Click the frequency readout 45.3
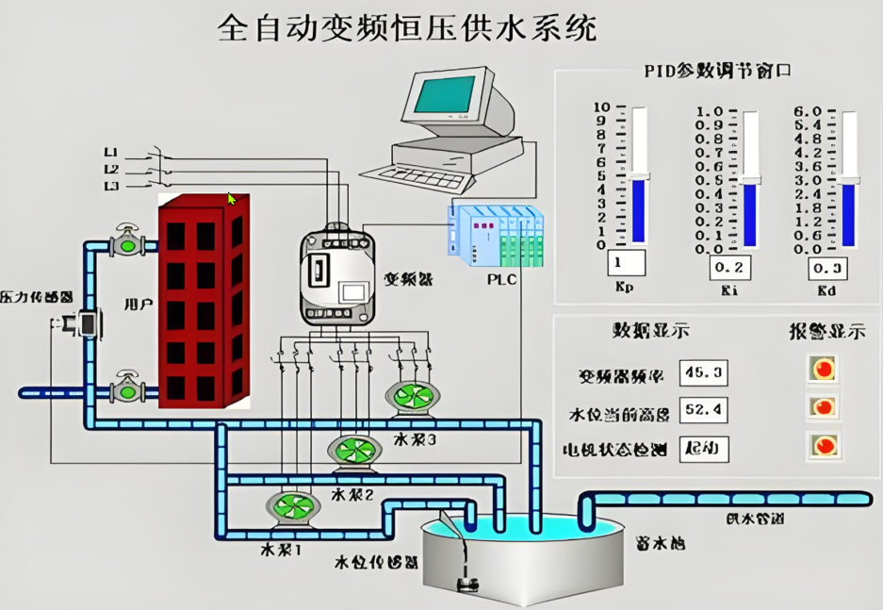point(703,374)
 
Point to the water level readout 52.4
point(703,411)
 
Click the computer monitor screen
point(448,95)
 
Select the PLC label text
point(500,279)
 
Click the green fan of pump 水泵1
point(292,507)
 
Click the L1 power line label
point(111,152)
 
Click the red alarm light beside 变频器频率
point(823,369)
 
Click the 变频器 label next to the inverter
point(408,279)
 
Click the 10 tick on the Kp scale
point(599,107)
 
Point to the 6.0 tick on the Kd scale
point(809,111)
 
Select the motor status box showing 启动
point(703,449)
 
